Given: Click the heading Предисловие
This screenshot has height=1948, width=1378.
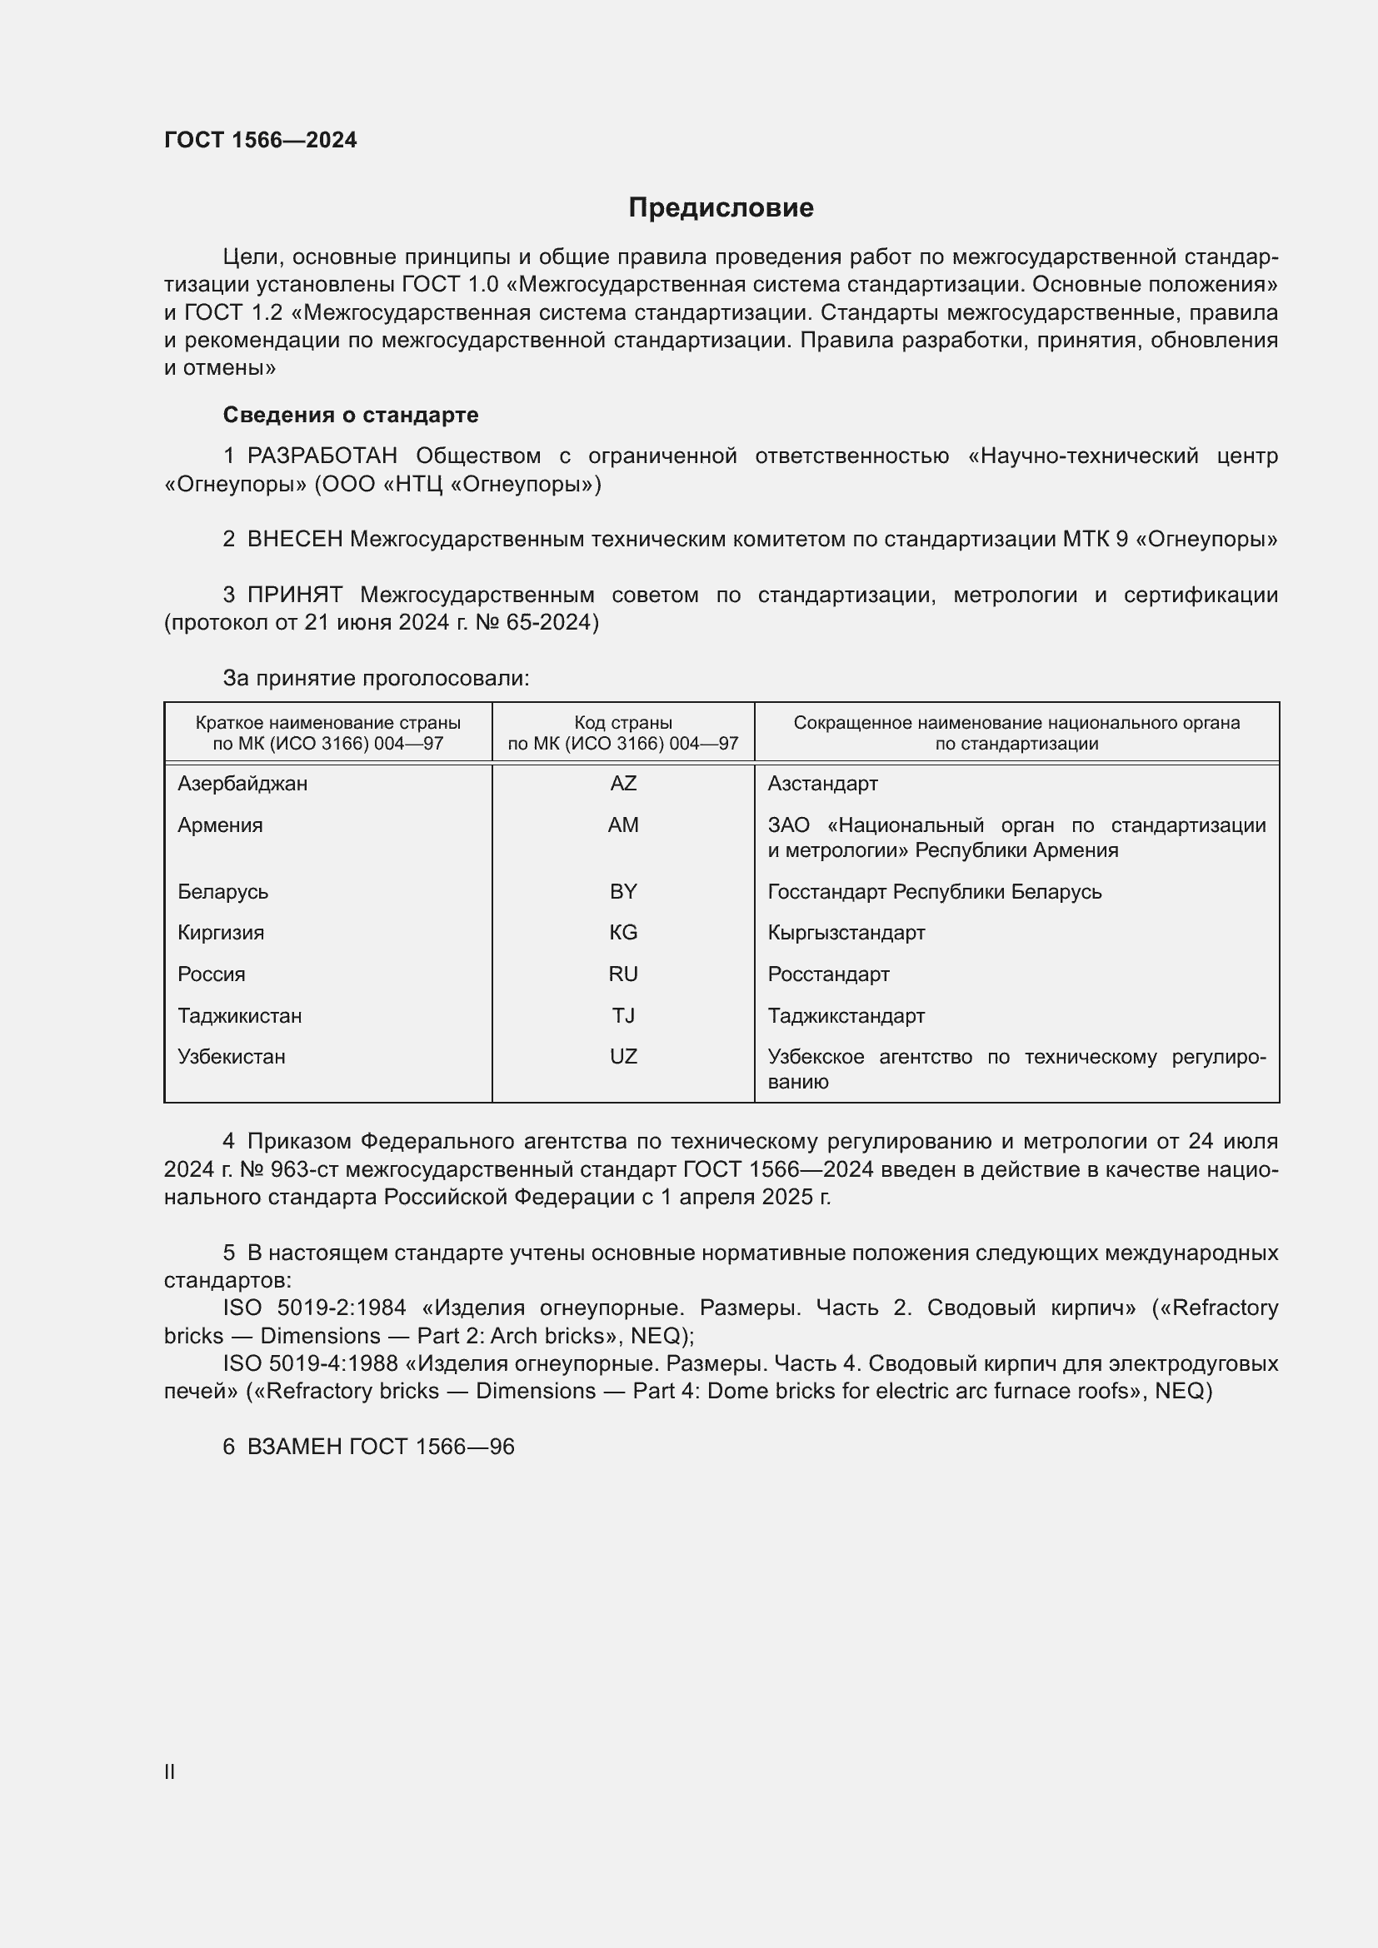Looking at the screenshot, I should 721,207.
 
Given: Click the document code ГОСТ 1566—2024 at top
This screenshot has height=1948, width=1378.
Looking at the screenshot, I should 261,140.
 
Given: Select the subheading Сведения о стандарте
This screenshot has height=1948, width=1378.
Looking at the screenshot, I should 351,415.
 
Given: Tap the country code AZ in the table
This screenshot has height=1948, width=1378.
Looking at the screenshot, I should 623,783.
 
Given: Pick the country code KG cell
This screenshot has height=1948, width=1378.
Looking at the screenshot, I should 623,933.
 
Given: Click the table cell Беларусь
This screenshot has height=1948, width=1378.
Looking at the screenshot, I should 223,892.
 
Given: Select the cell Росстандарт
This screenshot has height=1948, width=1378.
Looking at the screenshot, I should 828,974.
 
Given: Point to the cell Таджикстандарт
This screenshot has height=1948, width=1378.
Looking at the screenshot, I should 846,1015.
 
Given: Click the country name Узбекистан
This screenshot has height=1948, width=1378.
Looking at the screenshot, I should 232,1056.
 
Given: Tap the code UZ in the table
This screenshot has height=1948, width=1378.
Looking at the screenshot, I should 623,1056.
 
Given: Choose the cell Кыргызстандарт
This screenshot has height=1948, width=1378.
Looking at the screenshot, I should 846,933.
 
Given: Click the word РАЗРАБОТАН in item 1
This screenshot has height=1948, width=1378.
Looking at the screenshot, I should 322,456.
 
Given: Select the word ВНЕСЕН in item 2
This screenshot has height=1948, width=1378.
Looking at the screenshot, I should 295,539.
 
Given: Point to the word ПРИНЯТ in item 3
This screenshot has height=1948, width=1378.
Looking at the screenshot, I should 295,595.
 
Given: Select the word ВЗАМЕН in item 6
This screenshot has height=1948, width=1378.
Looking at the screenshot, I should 294,1447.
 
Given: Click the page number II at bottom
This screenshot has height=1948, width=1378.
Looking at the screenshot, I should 170,1772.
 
